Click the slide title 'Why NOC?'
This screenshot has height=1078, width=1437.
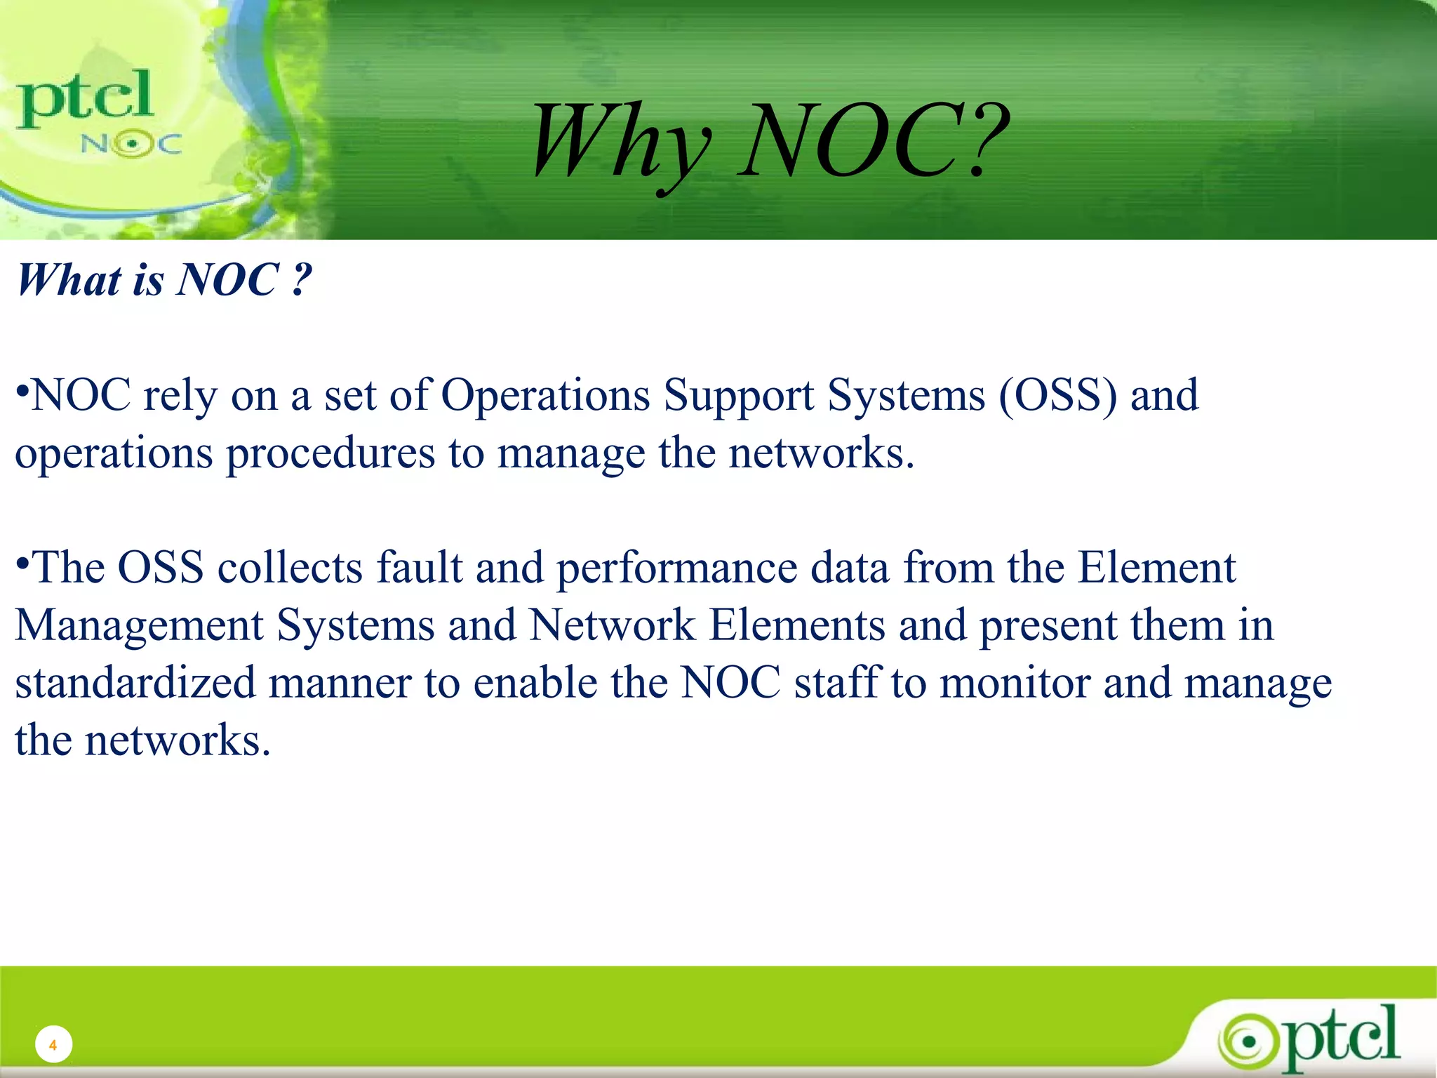[770, 140]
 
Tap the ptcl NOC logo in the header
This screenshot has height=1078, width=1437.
[98, 112]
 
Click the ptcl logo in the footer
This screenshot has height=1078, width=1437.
[1311, 1037]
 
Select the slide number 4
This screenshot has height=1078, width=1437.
[53, 1045]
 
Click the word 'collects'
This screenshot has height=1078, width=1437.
[290, 567]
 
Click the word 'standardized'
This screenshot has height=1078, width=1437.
[135, 683]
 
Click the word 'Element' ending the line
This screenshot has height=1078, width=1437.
[1156, 567]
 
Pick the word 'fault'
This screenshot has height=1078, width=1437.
[420, 567]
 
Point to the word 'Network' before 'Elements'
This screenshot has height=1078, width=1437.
[612, 625]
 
